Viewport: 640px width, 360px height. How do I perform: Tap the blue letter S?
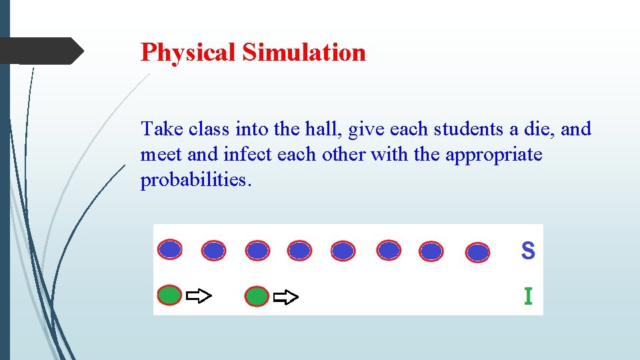tap(527, 251)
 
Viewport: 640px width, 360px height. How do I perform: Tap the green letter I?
tap(528, 296)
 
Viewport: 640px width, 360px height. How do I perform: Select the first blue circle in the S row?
tap(170, 249)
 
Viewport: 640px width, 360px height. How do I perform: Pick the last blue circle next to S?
tap(477, 253)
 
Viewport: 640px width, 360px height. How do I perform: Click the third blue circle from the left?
tap(257, 251)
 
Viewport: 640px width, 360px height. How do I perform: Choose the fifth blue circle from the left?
tap(343, 251)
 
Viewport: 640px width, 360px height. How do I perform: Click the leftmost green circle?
tap(170, 295)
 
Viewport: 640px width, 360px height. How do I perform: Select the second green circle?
tap(257, 296)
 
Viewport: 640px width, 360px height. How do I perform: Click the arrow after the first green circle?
tap(199, 296)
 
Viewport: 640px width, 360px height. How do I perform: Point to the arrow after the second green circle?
tap(287, 297)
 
